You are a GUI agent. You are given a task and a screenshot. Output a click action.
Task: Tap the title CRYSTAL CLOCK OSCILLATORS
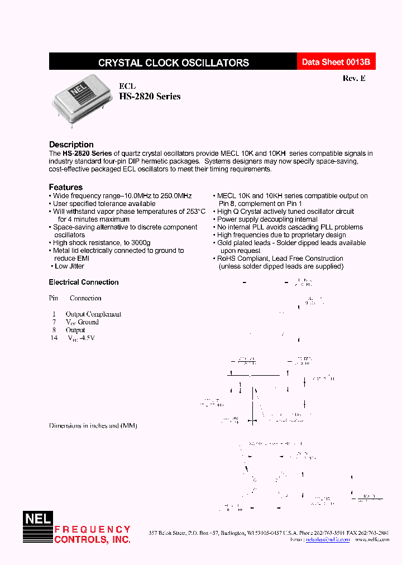(173, 63)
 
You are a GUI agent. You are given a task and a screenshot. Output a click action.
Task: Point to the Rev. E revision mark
(354, 79)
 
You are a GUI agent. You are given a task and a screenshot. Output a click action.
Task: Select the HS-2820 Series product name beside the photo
(150, 97)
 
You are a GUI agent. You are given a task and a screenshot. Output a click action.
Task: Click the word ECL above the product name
(127, 86)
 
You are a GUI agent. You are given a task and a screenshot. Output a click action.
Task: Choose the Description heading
(71, 145)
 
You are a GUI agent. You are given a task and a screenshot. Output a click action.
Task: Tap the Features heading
(65, 187)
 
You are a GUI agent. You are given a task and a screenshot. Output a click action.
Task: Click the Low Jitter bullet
(69, 266)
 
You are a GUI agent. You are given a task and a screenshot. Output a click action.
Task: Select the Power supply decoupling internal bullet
(267, 219)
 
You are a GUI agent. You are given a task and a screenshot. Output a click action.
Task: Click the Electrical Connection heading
(84, 282)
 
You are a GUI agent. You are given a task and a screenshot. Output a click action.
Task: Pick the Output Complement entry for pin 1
(93, 314)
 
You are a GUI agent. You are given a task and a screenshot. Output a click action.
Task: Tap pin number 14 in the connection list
(54, 338)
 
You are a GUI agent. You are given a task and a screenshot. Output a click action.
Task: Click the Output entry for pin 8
(75, 330)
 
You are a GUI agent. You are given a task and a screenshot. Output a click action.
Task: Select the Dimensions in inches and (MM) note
(93, 425)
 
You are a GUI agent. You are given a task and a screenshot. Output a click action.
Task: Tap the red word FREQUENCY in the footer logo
(92, 529)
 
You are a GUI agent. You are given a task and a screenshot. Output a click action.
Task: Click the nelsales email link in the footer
(328, 540)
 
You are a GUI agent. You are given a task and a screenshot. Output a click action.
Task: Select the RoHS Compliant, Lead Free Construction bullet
(280, 258)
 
